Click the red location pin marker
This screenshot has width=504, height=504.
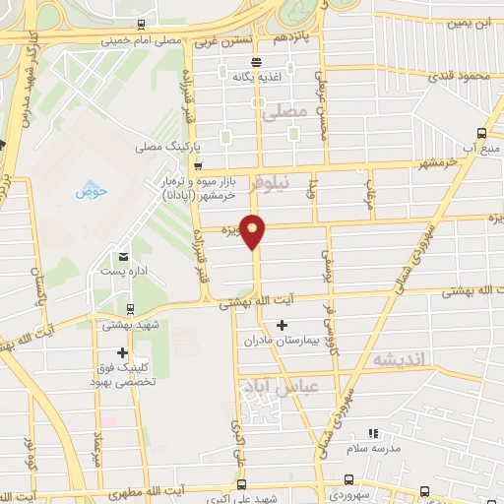[x=253, y=231]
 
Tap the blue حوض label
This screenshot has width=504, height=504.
[x=92, y=188]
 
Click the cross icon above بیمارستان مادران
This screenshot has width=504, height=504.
[x=283, y=325]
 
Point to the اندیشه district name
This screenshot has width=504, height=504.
[x=398, y=361]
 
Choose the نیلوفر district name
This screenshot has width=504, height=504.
[x=274, y=182]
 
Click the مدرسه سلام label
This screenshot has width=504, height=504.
[x=371, y=448]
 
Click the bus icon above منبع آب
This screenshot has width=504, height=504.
[x=480, y=133]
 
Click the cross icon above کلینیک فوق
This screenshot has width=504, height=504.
[x=122, y=352]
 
